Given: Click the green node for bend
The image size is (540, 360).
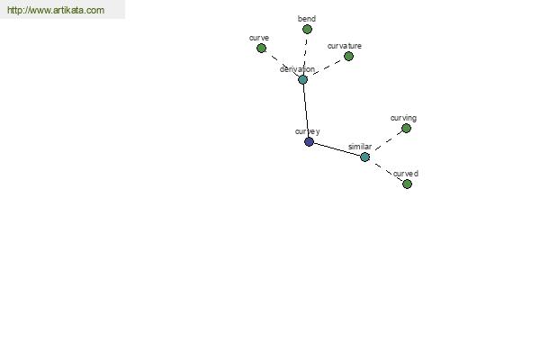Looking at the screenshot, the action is pos(307,30).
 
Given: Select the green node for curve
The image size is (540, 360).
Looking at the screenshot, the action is pos(261,49).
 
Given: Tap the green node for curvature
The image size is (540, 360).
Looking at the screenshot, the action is pos(348,56).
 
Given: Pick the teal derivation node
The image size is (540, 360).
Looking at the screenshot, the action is pos(302,80).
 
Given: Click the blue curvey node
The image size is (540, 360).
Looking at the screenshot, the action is pos(309,141).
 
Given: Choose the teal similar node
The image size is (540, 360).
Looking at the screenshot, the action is pos(364,157).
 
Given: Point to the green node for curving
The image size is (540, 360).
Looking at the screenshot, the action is pos(407,129).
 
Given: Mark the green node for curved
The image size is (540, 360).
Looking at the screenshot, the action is pos(407,184).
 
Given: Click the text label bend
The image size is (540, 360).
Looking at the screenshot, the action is pos(307,19).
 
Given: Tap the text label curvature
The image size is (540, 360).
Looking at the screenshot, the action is pos(345,46).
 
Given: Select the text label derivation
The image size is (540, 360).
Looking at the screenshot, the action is pos(297,69).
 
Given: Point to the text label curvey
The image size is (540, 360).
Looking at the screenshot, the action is pos(308,131).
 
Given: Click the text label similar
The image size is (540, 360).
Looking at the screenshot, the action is pos(360,147).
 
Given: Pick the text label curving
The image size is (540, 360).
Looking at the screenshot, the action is pos(403,118).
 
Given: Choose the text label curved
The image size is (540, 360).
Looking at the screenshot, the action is pos(406,174).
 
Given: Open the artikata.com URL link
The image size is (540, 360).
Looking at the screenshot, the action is pos(56,10).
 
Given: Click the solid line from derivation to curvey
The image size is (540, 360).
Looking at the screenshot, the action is pos(306,111).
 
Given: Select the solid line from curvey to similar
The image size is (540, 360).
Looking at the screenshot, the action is pos(337,149).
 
